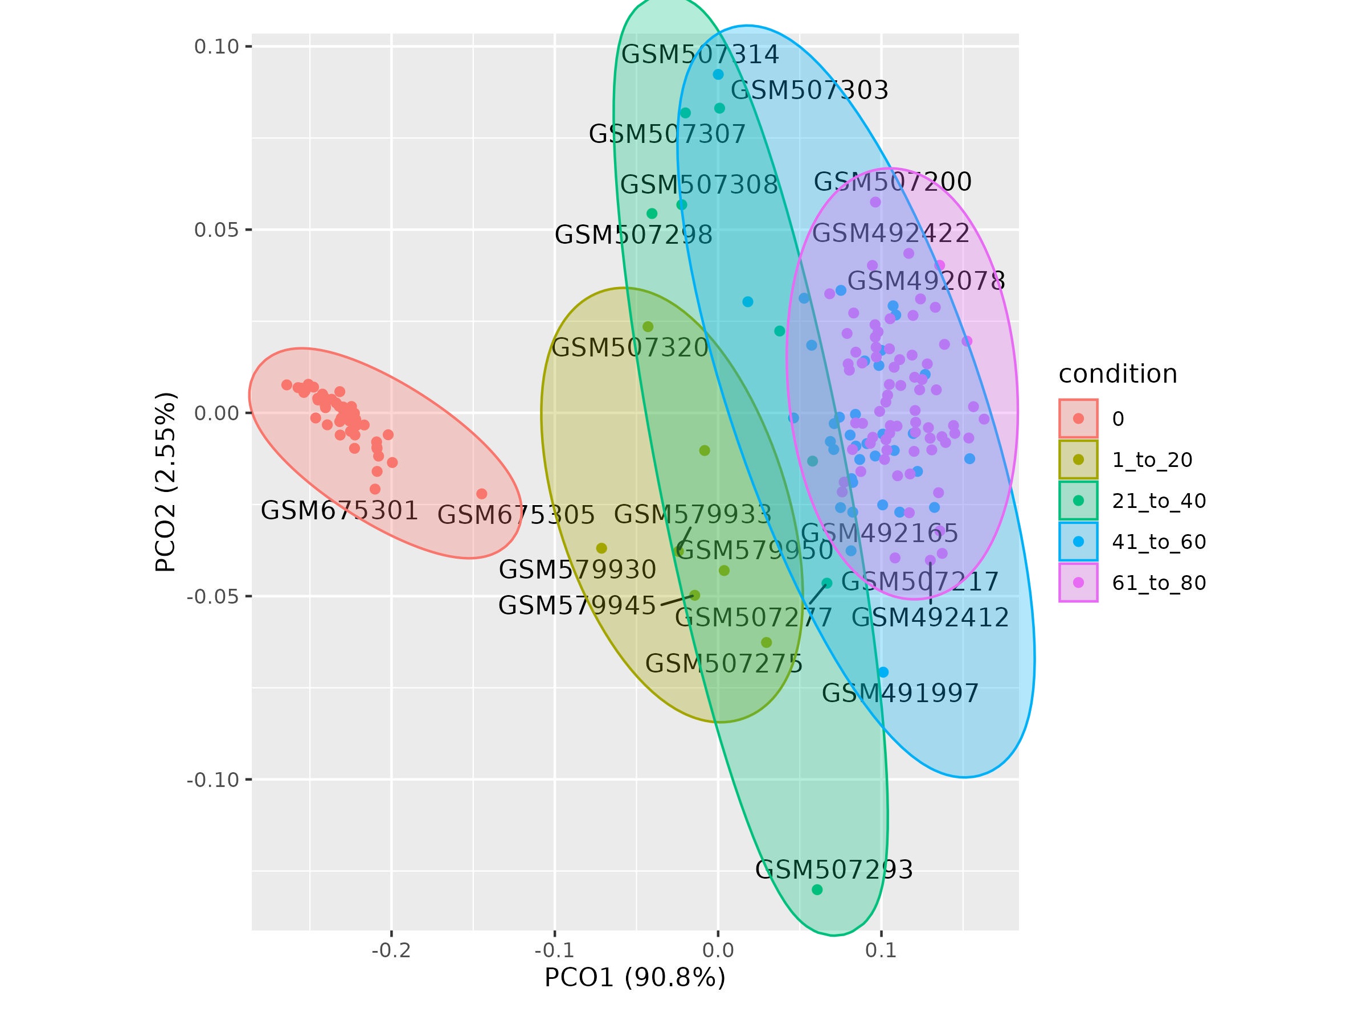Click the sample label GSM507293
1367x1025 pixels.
[834, 870]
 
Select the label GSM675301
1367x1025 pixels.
[339, 511]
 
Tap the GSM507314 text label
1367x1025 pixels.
[699, 55]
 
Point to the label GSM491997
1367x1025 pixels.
[900, 693]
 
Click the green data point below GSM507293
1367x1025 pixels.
[817, 889]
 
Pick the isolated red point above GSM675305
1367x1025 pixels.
[481, 494]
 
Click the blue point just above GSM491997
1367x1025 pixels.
[883, 672]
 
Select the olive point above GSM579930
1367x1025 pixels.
[601, 548]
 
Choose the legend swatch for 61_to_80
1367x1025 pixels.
[1078, 583]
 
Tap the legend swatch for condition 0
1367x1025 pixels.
[1078, 419]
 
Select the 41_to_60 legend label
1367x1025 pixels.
[1159, 542]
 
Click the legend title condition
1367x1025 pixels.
[1118, 375]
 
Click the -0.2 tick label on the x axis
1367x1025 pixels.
[391, 950]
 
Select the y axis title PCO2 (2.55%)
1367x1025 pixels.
[166, 482]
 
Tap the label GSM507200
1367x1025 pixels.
[893, 182]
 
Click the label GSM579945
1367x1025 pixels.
[576, 605]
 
